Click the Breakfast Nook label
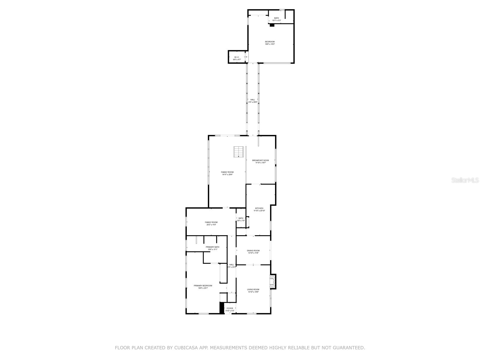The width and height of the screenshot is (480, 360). click(x=260, y=160)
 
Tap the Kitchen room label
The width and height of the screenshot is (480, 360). click(x=259, y=208)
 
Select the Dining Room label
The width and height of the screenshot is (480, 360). click(x=253, y=250)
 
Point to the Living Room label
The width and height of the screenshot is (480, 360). click(x=253, y=289)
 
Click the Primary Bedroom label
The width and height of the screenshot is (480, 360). click(x=203, y=286)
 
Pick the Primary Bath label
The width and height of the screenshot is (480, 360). click(x=212, y=247)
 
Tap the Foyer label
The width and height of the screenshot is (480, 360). click(x=230, y=308)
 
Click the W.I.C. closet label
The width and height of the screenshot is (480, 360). click(x=237, y=57)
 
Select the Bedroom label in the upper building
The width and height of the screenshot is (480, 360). click(x=270, y=42)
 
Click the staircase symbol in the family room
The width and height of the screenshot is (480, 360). click(x=238, y=152)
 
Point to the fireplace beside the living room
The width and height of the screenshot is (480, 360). click(x=272, y=282)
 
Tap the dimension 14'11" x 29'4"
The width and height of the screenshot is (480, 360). click(x=227, y=175)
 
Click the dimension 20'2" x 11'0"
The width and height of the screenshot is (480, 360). click(x=211, y=225)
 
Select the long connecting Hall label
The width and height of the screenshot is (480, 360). click(x=253, y=100)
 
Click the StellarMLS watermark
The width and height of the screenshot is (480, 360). click(x=466, y=180)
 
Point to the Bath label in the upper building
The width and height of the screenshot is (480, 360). click(x=276, y=18)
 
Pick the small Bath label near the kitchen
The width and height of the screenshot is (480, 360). click(x=241, y=218)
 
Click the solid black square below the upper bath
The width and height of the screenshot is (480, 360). click(x=272, y=25)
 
